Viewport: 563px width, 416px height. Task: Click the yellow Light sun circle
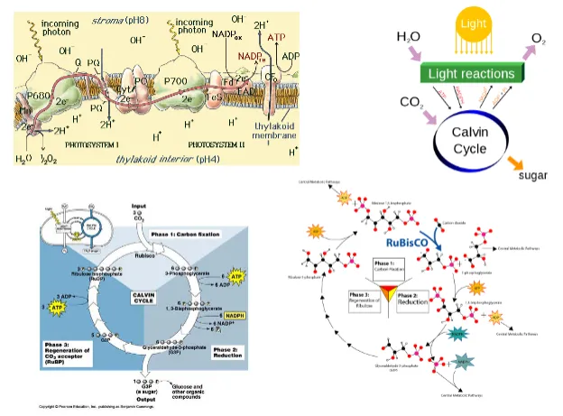click(468, 20)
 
